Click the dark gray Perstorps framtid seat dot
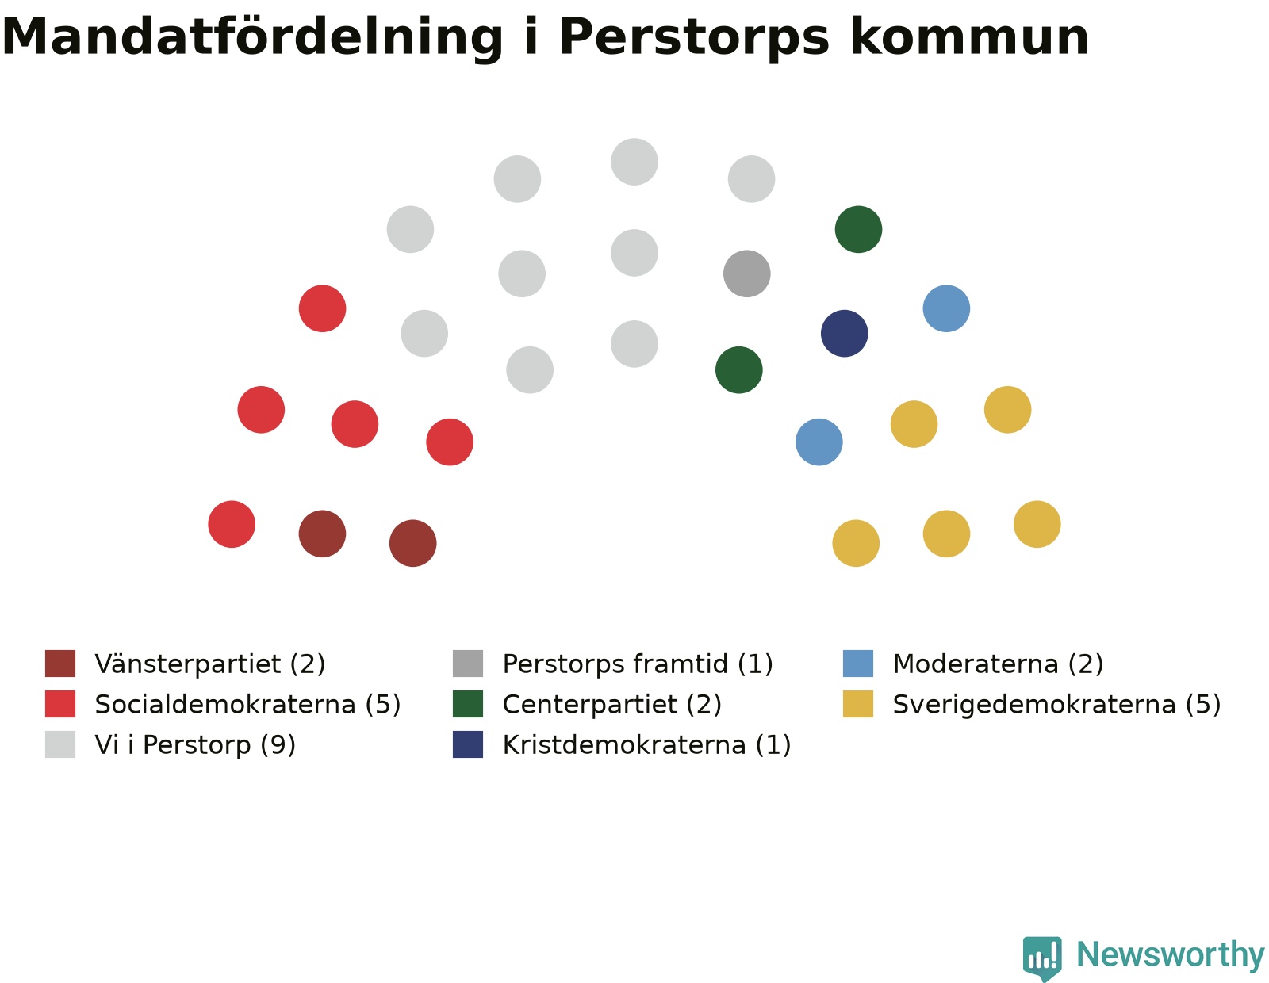[746, 273]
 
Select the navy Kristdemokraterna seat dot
[844, 333]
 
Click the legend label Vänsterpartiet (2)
[209, 664]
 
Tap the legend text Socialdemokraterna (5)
[247, 704]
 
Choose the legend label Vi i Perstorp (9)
[195, 744]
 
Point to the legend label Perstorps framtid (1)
[638, 664]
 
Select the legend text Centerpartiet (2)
[612, 704]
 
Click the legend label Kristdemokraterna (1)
[647, 744]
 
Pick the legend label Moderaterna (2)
[998, 664]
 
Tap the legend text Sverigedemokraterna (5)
[1057, 704]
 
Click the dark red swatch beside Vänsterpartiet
[60, 663]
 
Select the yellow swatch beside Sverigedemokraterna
[858, 703]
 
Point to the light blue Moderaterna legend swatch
[858, 663]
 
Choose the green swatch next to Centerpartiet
[468, 703]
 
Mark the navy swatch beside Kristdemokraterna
[468, 744]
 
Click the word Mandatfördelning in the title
[252, 36]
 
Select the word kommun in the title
[969, 36]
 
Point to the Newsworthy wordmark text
[1171, 956]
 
